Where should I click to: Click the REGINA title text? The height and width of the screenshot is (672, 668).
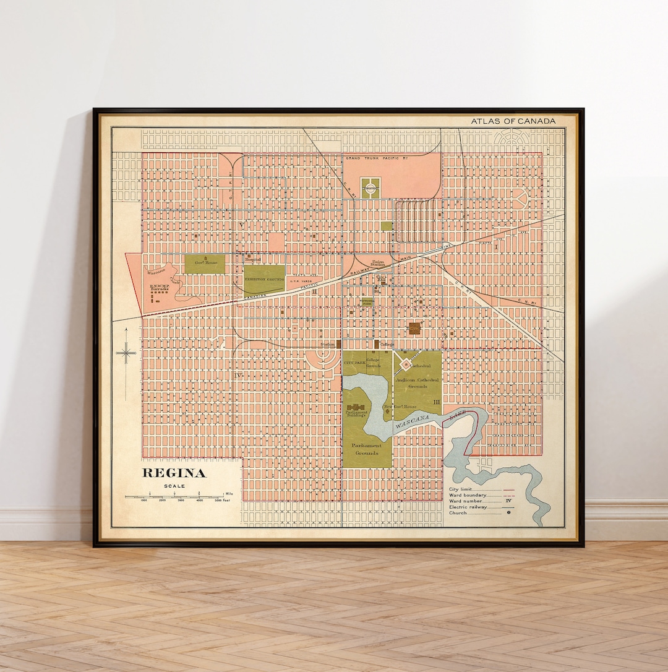174,473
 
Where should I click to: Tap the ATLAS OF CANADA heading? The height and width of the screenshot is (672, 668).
513,121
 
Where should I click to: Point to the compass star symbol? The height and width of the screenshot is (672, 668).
126,353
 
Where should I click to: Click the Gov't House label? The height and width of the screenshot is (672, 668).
206,263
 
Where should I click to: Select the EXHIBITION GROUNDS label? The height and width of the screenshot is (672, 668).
264,280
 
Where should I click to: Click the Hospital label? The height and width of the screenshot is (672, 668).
254,260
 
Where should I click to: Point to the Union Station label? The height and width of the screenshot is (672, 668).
378,263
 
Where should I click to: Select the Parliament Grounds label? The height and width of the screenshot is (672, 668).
367,449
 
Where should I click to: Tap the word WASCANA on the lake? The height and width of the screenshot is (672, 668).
412,424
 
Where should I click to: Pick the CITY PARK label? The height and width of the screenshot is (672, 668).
354,362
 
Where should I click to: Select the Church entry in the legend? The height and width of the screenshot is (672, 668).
458,513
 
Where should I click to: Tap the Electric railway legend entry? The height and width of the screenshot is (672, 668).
468,507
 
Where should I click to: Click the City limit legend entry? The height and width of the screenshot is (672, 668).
461,489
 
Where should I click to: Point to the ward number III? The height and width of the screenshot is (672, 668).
437,402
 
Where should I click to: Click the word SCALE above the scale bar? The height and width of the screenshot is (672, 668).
174,486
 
